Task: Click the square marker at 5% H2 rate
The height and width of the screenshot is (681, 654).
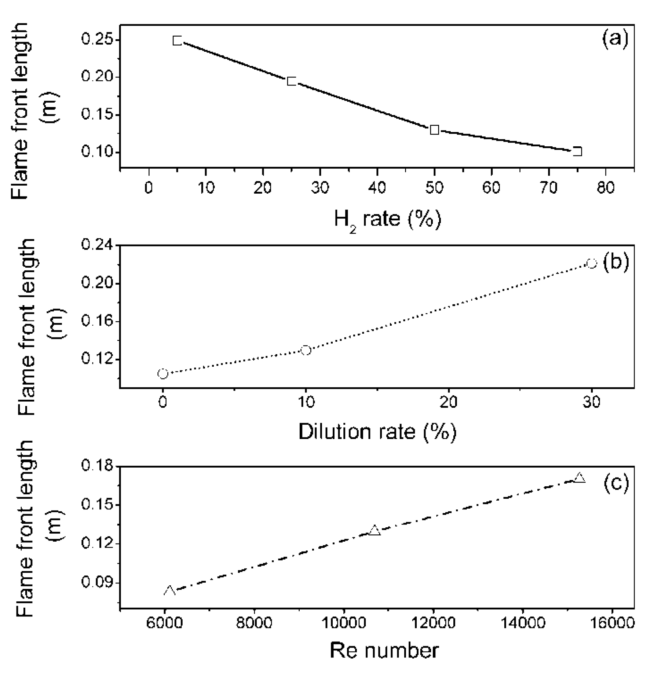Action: pyautogui.click(x=177, y=40)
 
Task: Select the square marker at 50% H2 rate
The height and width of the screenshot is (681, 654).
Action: pyautogui.click(x=434, y=129)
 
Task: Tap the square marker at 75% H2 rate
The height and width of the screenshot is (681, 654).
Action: pyautogui.click(x=577, y=151)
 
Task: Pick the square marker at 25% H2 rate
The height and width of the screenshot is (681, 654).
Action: pyautogui.click(x=291, y=81)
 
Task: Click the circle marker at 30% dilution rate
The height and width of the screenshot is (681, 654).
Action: pyautogui.click(x=591, y=263)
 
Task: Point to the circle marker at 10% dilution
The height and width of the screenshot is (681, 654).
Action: pyautogui.click(x=306, y=350)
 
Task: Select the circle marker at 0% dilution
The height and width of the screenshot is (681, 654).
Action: pyautogui.click(x=163, y=374)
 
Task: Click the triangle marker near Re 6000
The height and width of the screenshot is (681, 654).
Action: pyautogui.click(x=169, y=591)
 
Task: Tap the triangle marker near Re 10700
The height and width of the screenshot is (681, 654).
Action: pyautogui.click(x=375, y=531)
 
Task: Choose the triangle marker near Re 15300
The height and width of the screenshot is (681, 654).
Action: pyautogui.click(x=579, y=478)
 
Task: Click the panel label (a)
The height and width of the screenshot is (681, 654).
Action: pyautogui.click(x=615, y=38)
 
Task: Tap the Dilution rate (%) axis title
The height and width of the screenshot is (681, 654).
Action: pyautogui.click(x=377, y=432)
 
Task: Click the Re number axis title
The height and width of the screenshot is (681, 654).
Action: pyautogui.click(x=384, y=650)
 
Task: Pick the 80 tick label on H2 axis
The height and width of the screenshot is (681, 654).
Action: pyautogui.click(x=606, y=188)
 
